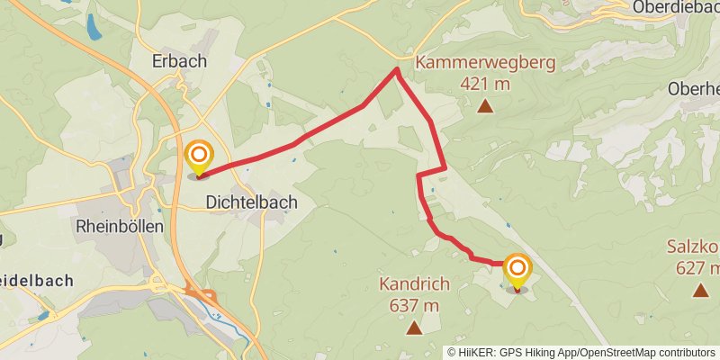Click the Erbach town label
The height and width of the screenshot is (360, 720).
tap(180, 62)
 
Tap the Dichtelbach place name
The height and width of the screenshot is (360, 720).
tap(252, 202)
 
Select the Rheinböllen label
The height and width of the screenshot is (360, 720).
tap(121, 226)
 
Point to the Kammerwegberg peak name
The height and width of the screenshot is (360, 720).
tap(485, 63)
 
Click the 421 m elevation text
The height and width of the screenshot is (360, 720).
tap(485, 84)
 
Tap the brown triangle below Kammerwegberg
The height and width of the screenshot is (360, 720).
tap(485, 106)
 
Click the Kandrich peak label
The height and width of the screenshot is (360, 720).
tap(414, 284)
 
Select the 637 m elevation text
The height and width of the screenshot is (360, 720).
tap(414, 305)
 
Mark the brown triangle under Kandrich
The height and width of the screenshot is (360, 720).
tap(414, 328)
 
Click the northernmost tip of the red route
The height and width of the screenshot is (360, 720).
tap(397, 68)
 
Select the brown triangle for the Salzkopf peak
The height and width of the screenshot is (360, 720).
tap(700, 290)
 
